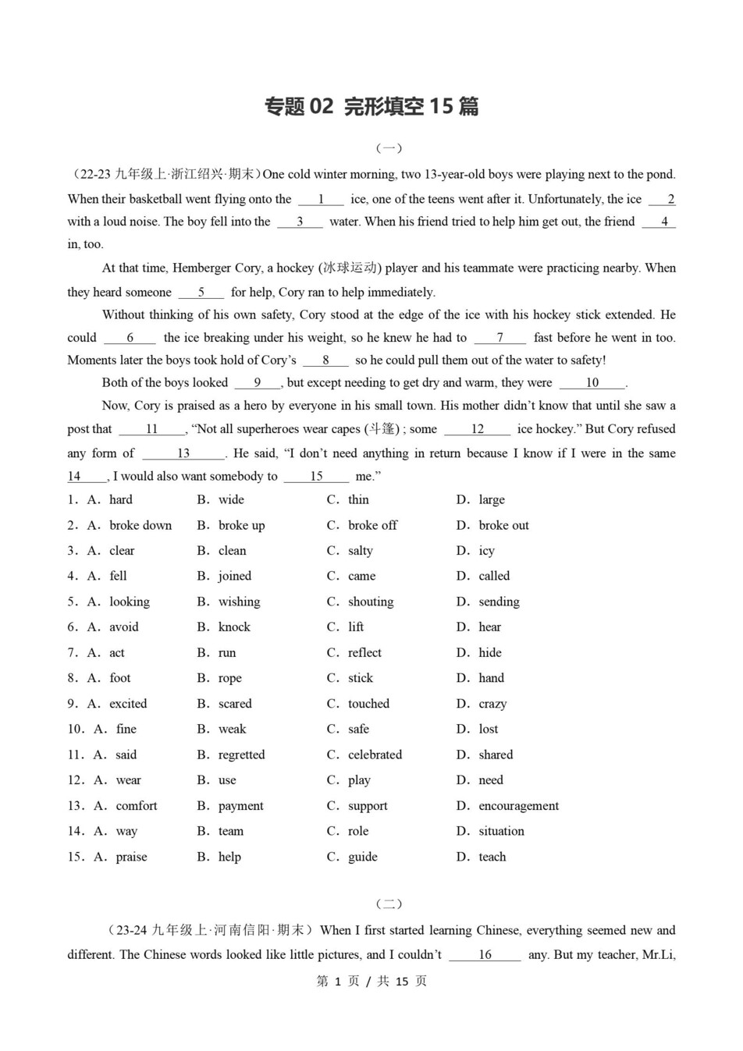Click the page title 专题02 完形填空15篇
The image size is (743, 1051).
371,106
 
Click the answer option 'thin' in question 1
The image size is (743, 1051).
358,499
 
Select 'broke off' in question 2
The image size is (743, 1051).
372,525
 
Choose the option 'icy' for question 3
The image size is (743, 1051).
486,551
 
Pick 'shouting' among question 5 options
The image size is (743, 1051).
371,602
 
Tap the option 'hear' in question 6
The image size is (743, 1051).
489,627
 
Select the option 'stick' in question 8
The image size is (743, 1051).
361,678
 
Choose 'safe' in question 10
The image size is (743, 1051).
358,729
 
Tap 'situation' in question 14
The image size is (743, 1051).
501,831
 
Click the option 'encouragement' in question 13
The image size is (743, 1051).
518,806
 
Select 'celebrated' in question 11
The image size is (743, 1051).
375,755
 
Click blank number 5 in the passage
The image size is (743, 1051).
201,293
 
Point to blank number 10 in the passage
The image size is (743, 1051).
592,383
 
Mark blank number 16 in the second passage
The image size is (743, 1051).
485,955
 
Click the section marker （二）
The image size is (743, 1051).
389,904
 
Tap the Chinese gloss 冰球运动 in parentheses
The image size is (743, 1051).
349,268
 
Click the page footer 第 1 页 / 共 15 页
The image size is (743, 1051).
371,982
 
